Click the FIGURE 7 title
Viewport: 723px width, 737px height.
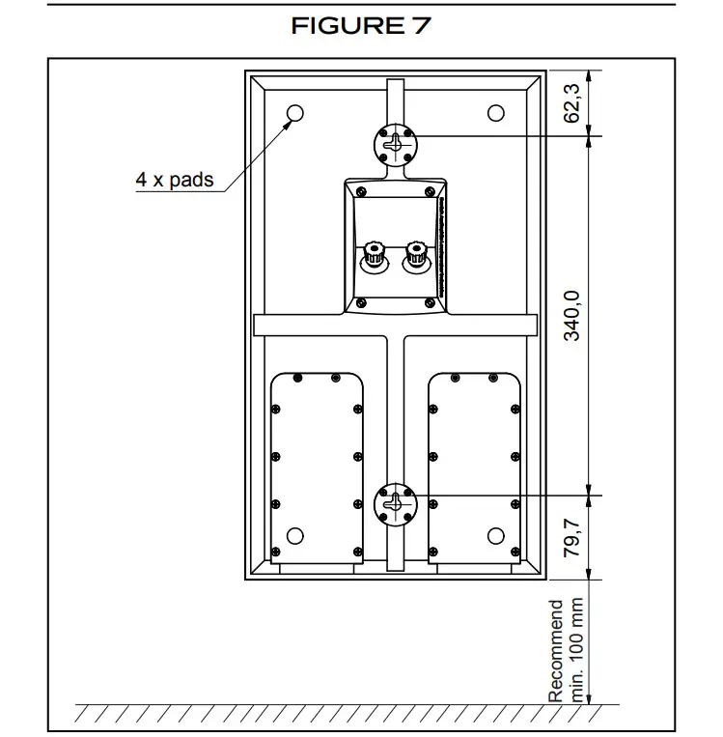361,26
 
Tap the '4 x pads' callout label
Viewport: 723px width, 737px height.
174,180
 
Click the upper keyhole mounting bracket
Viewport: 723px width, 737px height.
394,143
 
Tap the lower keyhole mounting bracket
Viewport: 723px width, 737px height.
394,503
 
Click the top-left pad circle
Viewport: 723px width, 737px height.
294,113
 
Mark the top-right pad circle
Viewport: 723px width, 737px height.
495,113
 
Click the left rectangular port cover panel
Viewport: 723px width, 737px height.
317,464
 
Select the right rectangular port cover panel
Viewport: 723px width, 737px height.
475,464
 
